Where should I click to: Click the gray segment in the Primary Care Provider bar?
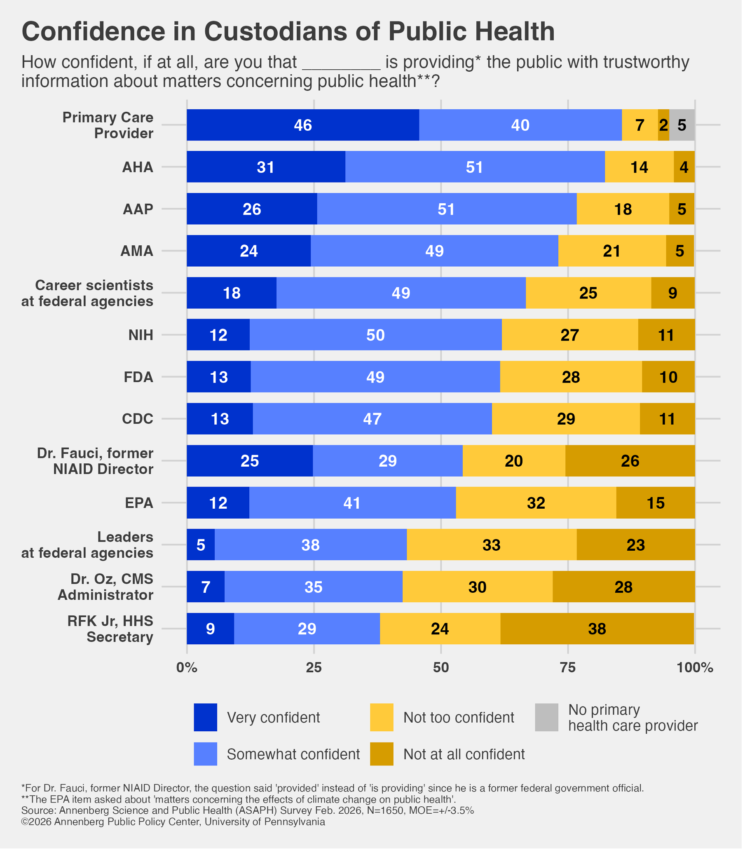(682, 125)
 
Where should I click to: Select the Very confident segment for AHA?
(266, 167)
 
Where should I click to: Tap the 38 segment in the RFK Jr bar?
(597, 628)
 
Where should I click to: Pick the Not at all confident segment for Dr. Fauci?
(630, 461)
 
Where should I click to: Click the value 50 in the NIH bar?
(375, 335)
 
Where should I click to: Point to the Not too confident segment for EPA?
(536, 503)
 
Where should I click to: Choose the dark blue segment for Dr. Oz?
(205, 587)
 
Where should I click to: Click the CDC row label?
(138, 418)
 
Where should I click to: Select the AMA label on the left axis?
(137, 251)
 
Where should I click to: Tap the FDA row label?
(138, 377)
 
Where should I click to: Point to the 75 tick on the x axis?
(568, 668)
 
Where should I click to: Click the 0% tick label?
(187, 668)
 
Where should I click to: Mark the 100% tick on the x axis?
(695, 668)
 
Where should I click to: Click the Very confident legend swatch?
(205, 717)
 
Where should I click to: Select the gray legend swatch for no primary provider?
(546, 717)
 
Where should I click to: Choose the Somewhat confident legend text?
(293, 754)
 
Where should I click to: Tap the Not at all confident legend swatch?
(382, 754)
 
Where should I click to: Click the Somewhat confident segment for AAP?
(447, 209)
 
